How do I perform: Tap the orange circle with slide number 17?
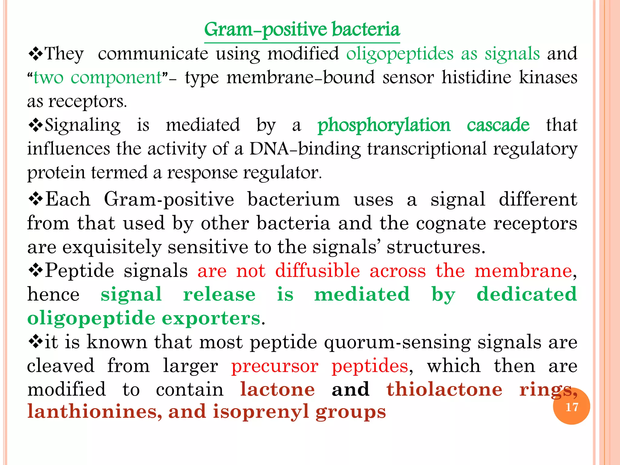pos(571,407)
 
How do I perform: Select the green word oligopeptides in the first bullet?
pos(400,54)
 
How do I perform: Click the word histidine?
pos(476,77)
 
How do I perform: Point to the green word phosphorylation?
pos(384,125)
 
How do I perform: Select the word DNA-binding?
pos(305,149)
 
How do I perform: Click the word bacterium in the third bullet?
pos(294,200)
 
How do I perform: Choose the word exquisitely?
pos(112,247)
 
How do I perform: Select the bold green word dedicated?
pos(527,294)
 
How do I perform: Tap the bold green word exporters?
pos(211,318)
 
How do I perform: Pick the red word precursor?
pos(275,366)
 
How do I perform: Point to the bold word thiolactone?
pos(444,389)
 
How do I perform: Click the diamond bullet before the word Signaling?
pos(35,125)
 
